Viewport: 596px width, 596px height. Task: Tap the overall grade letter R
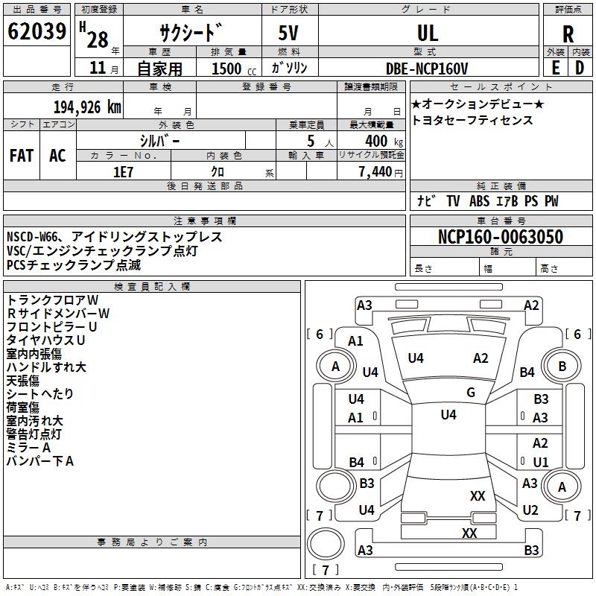click(568, 33)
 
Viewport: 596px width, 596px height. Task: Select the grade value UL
click(428, 33)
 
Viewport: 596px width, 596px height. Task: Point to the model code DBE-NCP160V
click(427, 69)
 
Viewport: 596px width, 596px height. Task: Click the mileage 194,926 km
click(87, 107)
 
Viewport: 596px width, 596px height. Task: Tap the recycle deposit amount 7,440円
click(380, 171)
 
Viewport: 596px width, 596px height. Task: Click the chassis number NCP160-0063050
click(500, 237)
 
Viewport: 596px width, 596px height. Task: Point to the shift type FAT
click(22, 156)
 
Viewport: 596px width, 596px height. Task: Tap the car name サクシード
click(191, 33)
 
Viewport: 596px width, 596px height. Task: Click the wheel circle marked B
click(562, 366)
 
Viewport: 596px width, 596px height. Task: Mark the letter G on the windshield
click(470, 393)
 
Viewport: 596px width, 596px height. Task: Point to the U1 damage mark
click(540, 462)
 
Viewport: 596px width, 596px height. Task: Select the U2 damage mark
click(530, 510)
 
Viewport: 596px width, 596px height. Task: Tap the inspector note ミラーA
click(28, 447)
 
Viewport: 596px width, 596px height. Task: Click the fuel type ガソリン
click(290, 69)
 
